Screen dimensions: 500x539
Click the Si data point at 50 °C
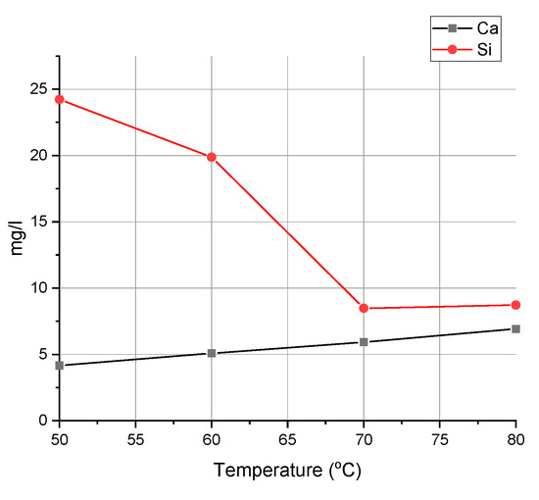click(x=59, y=99)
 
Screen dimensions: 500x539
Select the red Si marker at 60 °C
click(x=212, y=157)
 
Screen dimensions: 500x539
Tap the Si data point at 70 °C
click(x=364, y=308)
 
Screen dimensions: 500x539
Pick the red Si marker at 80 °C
click(x=515, y=305)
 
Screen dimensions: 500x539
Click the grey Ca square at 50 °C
click(x=59, y=366)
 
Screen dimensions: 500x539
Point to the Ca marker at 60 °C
click(x=212, y=353)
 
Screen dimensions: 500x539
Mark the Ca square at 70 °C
click(x=364, y=342)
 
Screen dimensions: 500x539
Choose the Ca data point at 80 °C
click(x=515, y=329)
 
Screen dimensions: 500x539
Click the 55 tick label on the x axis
click(x=135, y=438)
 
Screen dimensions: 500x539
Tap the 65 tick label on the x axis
click(x=287, y=438)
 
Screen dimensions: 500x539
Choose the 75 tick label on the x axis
click(x=440, y=438)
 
